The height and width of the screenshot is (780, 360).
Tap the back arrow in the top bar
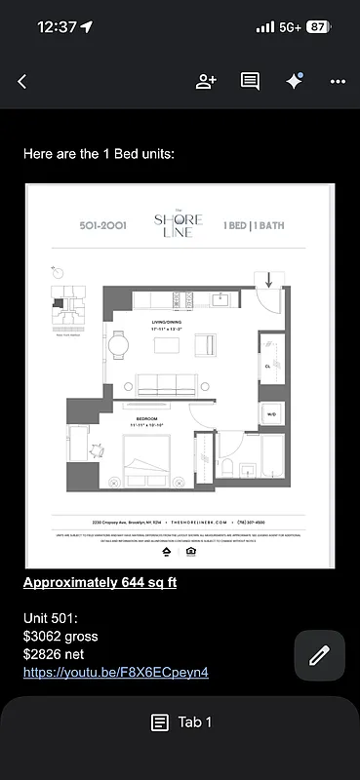(22, 82)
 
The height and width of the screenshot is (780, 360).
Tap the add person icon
(206, 82)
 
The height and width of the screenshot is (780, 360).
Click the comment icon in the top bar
(250, 82)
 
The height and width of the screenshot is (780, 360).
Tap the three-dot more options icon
(338, 82)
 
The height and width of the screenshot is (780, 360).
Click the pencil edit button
(319, 655)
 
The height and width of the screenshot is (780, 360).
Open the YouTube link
(115, 672)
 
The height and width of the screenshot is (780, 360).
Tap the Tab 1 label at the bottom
(180, 722)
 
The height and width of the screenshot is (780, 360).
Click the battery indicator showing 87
(317, 27)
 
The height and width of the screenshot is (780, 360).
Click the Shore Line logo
(180, 225)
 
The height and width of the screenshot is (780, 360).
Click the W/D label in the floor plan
(271, 413)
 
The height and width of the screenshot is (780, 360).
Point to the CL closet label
(267, 366)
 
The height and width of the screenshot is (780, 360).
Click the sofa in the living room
(165, 383)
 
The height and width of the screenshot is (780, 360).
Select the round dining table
(118, 344)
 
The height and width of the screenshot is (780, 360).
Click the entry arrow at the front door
(270, 279)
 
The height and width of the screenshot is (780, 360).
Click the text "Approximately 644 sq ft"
(100, 583)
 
